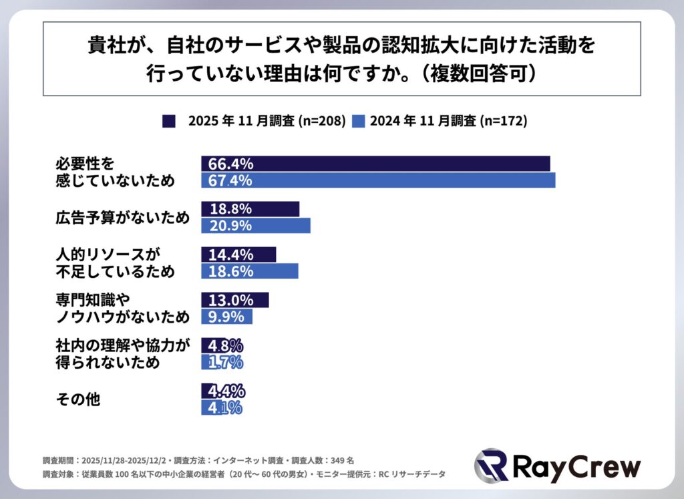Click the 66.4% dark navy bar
coord(375,164)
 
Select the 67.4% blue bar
coord(378,180)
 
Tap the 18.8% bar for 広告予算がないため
coord(250,209)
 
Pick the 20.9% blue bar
coord(256,226)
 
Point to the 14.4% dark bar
coord(238,255)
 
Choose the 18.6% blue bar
coord(250,271)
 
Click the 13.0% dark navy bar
coord(235,300)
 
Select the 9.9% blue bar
coord(227,317)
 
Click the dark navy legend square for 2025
coord(168,121)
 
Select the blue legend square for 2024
coord(358,121)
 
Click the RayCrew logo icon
coord(491,466)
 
